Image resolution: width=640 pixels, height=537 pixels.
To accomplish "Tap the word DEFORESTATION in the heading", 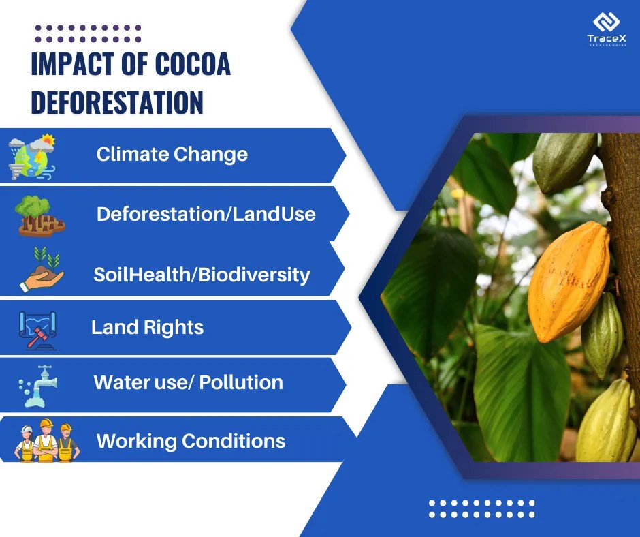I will click(117, 102).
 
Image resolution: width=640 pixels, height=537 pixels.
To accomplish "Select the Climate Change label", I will click(172, 154).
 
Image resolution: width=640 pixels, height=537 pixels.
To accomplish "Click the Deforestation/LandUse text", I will click(206, 214).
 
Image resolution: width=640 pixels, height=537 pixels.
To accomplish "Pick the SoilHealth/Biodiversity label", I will click(202, 275).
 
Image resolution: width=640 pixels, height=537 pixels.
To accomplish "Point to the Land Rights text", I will click(147, 327).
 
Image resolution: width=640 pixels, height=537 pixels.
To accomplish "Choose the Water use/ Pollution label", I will click(188, 382).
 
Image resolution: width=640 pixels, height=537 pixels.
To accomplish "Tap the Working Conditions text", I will click(191, 440).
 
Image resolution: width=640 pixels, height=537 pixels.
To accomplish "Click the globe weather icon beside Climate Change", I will click(31, 156).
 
